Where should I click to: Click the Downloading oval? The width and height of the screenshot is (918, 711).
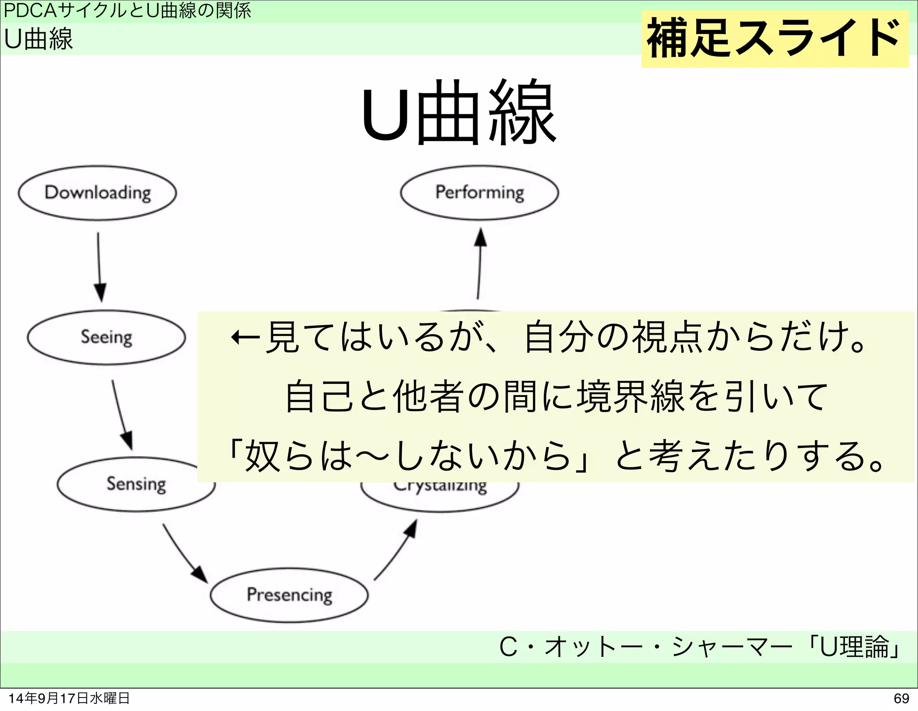click(97, 193)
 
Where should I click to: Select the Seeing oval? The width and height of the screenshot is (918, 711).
click(106, 337)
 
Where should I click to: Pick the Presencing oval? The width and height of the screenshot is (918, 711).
click(289, 595)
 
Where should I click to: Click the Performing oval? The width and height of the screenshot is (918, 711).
click(479, 193)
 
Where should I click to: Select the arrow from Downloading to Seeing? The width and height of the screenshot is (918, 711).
click(100, 267)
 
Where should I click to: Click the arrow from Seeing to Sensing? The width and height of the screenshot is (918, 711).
click(121, 414)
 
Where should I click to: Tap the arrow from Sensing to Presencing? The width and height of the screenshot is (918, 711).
click(184, 553)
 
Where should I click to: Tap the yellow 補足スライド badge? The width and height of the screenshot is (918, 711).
click(774, 39)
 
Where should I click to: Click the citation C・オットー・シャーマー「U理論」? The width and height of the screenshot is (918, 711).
click(699, 647)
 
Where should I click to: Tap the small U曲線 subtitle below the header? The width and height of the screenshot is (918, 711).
click(39, 39)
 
